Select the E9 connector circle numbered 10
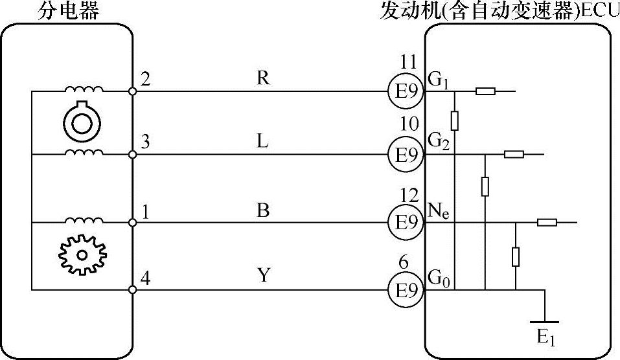[406, 155]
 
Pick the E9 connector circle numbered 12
[406, 223]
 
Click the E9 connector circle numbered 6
[406, 289]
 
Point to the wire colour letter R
[262, 78]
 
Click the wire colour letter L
[262, 142]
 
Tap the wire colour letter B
[262, 210]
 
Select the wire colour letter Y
[262, 276]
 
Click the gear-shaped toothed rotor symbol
[81, 254]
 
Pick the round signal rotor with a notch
[81, 120]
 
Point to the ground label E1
[545, 337]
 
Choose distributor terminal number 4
[145, 279]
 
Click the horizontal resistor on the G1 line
[486, 91]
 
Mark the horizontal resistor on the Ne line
[547, 223]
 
